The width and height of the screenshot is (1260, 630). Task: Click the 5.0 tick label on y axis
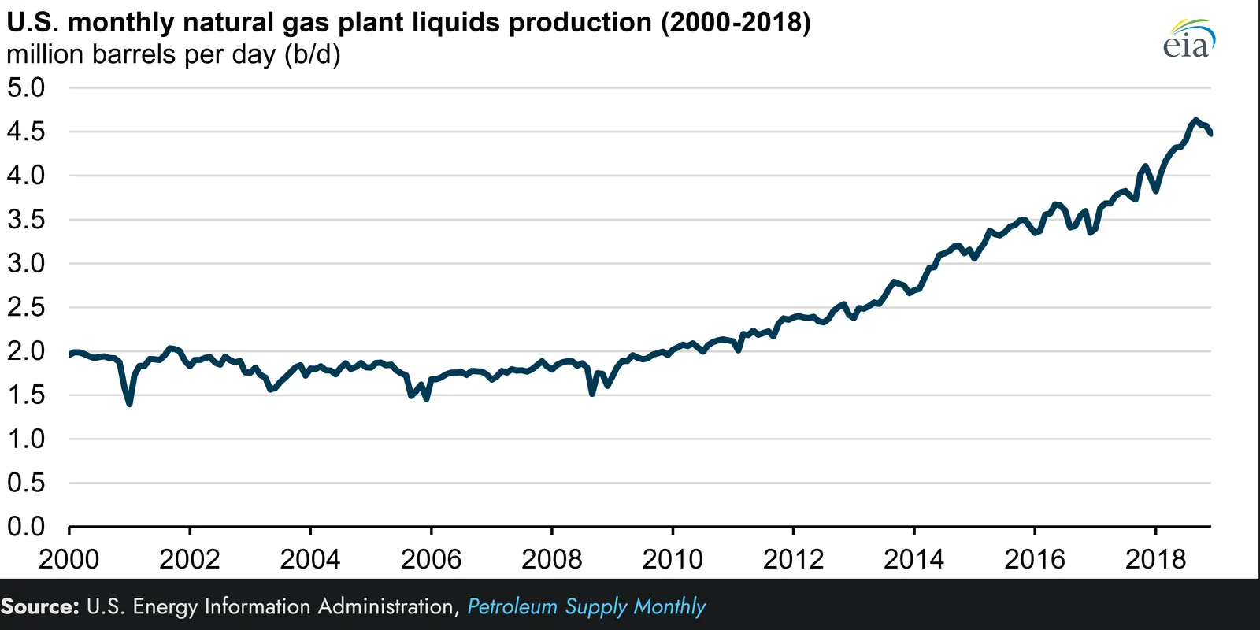(x=26, y=87)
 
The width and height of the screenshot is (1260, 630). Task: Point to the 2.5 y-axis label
(x=26, y=307)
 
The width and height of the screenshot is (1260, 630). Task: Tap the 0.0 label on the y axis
(x=26, y=526)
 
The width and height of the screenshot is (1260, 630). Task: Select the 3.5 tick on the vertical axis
(x=26, y=219)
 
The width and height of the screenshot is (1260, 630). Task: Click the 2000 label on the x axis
(x=69, y=559)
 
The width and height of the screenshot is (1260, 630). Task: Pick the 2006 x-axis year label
(x=431, y=559)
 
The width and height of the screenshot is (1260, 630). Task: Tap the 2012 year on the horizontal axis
(x=793, y=559)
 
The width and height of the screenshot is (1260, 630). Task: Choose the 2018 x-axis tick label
(x=1155, y=559)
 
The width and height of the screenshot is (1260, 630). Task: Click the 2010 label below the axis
(x=673, y=559)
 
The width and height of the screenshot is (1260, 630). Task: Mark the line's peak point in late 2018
(x=1195, y=120)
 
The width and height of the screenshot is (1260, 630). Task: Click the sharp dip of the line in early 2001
(x=129, y=403)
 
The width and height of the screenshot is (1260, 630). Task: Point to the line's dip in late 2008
(x=592, y=392)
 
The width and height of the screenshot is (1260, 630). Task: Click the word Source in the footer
(x=40, y=606)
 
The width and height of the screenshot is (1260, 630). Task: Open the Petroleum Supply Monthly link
(x=586, y=606)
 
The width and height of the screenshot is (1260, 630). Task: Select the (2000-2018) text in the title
(x=736, y=23)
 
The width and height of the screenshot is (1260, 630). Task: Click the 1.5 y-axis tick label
(x=26, y=395)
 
